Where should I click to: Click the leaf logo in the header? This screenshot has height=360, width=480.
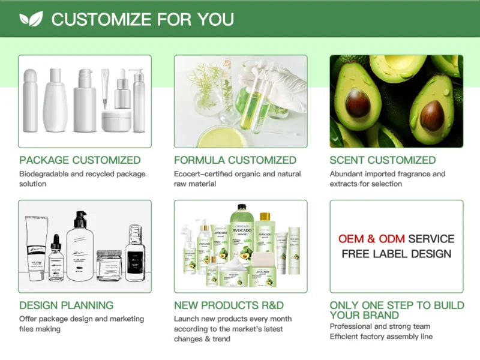pos(31,19)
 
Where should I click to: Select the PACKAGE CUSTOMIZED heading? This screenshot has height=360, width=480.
pos(80,160)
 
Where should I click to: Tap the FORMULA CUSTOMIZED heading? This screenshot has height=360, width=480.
pos(235,160)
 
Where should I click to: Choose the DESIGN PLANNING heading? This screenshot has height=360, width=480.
pos(66,305)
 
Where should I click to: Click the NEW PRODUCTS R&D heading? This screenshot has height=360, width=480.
pos(229,305)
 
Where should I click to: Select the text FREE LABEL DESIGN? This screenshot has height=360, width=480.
pos(397,254)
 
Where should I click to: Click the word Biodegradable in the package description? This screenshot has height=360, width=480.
pos(46,174)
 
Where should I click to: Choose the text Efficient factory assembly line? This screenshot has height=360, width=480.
pos(381,337)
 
